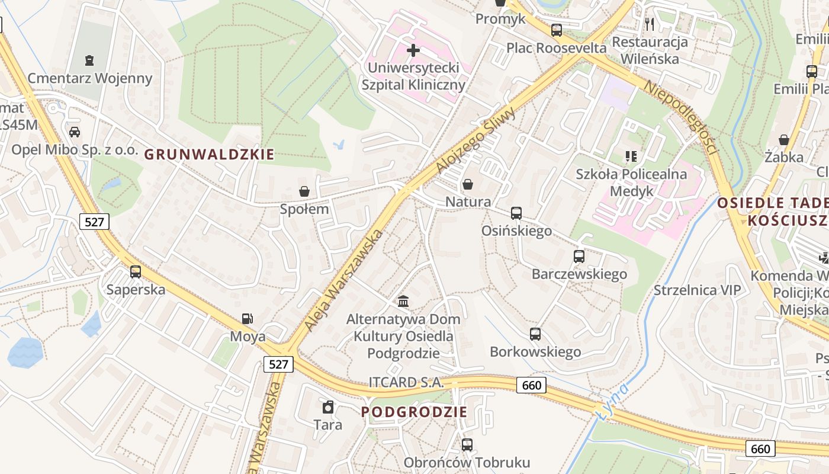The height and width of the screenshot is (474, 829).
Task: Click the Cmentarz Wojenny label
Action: click(x=90, y=78)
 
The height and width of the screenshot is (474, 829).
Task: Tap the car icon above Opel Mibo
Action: click(x=74, y=132)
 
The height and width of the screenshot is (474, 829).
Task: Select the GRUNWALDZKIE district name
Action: click(x=210, y=155)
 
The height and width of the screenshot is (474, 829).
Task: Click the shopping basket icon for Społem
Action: click(x=304, y=191)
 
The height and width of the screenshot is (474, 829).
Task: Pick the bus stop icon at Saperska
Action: click(x=136, y=272)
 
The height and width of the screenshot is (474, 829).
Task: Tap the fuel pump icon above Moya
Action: click(x=248, y=319)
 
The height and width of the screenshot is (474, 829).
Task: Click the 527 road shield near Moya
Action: click(x=278, y=364)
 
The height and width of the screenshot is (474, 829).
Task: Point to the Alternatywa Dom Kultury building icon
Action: click(x=403, y=302)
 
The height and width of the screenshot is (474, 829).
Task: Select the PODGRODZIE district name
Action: click(x=414, y=412)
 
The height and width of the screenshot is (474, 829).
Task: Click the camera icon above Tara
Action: click(x=327, y=407)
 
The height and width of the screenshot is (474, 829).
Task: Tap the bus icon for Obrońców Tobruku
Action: click(x=467, y=444)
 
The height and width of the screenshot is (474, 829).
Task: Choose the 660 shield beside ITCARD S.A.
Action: click(x=532, y=385)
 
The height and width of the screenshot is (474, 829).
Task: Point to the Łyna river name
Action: click(x=612, y=402)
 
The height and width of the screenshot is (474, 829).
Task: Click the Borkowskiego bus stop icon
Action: click(x=535, y=334)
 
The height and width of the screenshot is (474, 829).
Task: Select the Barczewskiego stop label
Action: click(x=579, y=274)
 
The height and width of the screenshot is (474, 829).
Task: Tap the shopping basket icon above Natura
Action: click(x=468, y=184)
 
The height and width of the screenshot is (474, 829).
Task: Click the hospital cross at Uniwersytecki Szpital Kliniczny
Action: click(x=413, y=50)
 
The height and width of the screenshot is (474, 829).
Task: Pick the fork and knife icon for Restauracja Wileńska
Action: click(x=650, y=24)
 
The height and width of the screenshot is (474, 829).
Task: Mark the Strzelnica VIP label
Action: click(x=697, y=290)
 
